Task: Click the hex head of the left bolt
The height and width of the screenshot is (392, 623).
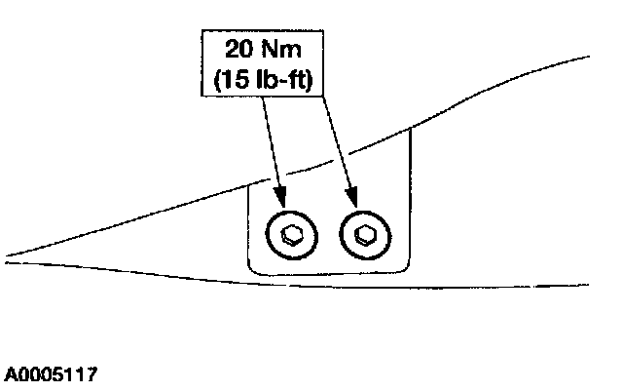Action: [x=291, y=234]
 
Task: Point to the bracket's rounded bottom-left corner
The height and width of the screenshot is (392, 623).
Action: [x=252, y=268]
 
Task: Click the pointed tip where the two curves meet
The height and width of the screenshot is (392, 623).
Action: [x=8, y=259]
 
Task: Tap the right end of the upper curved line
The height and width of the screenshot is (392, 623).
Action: [x=588, y=57]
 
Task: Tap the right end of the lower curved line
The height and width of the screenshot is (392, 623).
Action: [x=588, y=286]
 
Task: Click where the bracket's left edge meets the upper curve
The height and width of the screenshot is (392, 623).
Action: [x=248, y=185]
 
